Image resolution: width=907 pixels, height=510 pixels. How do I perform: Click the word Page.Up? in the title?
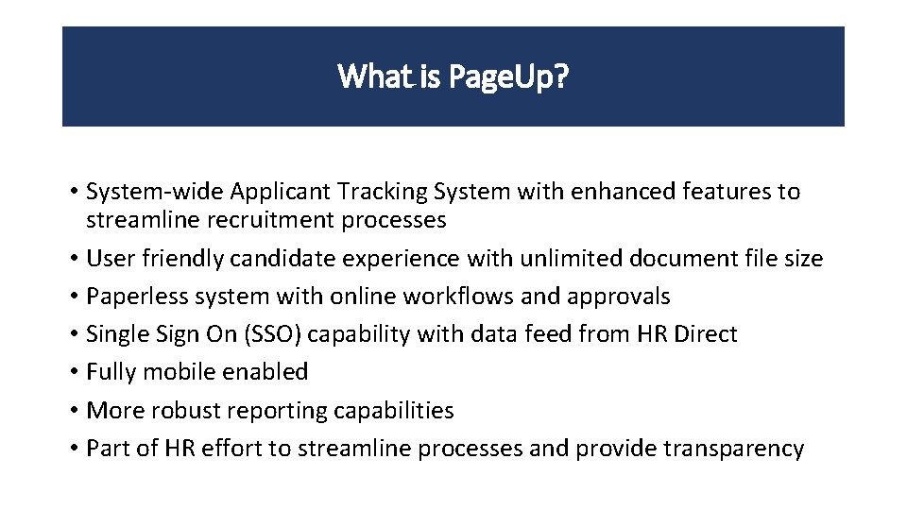[x=508, y=76]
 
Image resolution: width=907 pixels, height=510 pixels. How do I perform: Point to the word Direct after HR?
[x=705, y=334]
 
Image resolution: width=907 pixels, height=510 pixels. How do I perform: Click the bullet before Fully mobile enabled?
[x=73, y=373]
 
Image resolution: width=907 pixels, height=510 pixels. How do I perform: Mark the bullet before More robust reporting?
[x=73, y=411]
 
